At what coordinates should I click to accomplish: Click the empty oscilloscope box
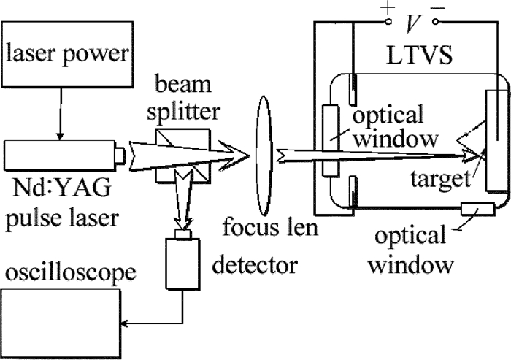coord(58,322)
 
